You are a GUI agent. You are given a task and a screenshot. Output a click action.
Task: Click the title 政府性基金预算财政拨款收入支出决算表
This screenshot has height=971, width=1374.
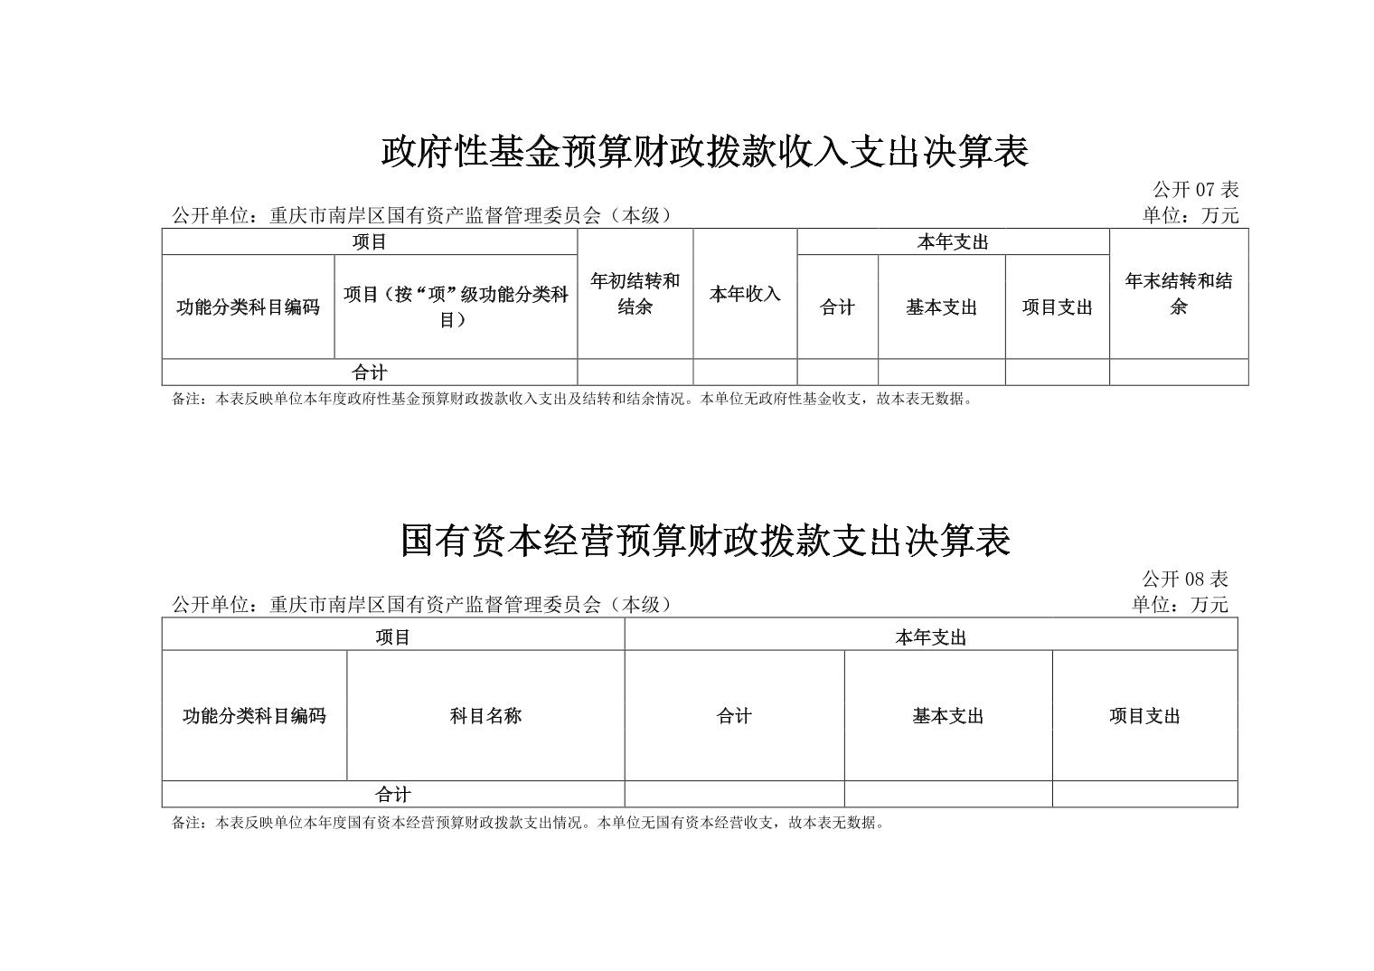click(x=705, y=152)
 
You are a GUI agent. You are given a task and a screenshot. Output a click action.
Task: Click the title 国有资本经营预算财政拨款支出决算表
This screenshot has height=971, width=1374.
click(x=705, y=541)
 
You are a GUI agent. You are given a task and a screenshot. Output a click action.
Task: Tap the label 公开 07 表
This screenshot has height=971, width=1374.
click(x=1196, y=190)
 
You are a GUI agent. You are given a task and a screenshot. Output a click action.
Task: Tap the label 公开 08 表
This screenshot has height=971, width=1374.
click(x=1185, y=579)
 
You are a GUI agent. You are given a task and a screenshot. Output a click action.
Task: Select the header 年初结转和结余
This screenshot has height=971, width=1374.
click(x=635, y=294)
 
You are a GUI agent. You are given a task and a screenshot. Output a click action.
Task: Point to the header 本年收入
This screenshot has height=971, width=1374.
click(x=745, y=294)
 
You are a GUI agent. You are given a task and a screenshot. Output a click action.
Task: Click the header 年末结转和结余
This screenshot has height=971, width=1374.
click(x=1179, y=294)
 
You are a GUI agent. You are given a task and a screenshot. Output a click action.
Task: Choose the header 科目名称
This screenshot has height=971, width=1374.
click(x=485, y=715)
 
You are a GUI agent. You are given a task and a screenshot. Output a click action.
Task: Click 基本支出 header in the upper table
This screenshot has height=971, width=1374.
click(x=941, y=306)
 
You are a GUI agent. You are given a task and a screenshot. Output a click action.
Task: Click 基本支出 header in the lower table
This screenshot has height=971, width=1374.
click(x=947, y=715)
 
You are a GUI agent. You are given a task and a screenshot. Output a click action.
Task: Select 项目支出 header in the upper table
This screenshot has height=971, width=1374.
click(x=1057, y=306)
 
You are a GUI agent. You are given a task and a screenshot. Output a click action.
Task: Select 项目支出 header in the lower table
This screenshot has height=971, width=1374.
click(x=1144, y=715)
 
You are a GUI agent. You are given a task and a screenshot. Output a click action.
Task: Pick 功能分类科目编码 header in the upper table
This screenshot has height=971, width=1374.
click(x=248, y=306)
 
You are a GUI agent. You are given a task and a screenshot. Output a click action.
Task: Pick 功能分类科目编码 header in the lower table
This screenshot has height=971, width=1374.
click(x=254, y=715)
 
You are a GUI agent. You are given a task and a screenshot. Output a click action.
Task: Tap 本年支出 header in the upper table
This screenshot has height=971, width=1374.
click(x=953, y=241)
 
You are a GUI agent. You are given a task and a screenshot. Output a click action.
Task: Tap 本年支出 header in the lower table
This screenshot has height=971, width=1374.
click(x=930, y=637)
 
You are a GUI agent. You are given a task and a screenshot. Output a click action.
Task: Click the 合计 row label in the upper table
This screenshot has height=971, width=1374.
click(x=369, y=372)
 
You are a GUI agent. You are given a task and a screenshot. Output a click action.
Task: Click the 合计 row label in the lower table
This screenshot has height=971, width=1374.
click(x=392, y=795)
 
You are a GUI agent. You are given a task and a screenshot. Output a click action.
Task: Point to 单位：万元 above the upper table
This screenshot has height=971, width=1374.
click(x=1190, y=215)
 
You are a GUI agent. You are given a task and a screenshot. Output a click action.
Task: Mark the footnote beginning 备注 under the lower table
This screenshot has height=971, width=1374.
click(x=529, y=823)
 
